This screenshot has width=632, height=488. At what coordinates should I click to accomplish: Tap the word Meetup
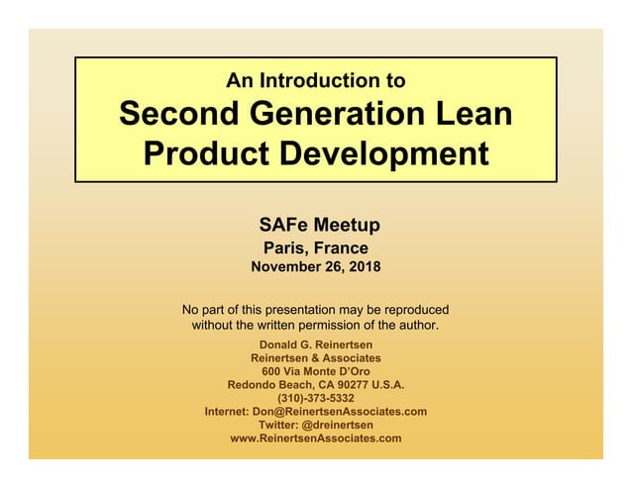tap(346, 225)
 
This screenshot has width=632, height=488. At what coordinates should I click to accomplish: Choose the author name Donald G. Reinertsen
tap(316, 343)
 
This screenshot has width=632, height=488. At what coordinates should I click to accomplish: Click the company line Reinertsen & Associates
tap(316, 357)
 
